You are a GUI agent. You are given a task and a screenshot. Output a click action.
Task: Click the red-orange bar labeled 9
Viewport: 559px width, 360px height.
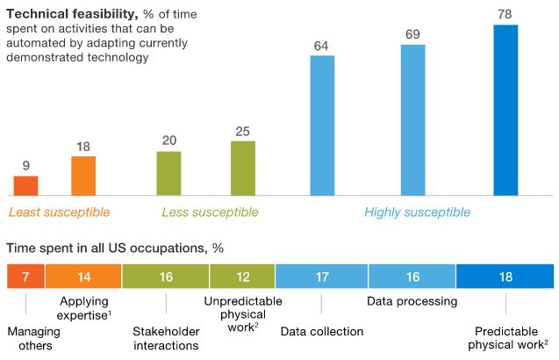(25, 185)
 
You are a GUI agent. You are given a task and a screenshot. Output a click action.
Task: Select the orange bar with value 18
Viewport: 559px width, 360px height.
(83, 176)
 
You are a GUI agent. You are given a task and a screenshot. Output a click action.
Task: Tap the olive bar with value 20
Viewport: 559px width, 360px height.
(168, 174)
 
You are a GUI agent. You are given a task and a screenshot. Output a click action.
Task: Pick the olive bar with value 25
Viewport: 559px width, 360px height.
(243, 169)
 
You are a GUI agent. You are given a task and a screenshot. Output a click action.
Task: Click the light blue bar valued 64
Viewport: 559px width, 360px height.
(322, 126)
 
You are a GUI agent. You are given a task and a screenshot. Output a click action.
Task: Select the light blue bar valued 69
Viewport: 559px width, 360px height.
(412, 120)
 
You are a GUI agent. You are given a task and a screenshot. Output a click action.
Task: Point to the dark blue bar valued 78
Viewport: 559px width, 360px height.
(505, 111)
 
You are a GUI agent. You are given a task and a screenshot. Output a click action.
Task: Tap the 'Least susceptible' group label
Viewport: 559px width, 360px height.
(60, 212)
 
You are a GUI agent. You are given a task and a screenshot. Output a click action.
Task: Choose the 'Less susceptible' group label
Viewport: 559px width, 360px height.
(210, 212)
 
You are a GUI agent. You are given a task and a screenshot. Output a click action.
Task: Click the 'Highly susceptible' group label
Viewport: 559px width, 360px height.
(417, 212)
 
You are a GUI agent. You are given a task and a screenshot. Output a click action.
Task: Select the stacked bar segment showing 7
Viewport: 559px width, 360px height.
(25, 277)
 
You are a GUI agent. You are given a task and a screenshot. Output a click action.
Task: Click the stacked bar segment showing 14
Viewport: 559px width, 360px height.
(83, 277)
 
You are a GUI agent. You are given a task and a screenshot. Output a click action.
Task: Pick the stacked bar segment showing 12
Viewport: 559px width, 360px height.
(242, 277)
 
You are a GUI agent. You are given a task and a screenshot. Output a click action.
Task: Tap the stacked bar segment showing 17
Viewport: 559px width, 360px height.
(321, 277)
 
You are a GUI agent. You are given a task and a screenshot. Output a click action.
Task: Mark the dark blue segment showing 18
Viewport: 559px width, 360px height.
(505, 277)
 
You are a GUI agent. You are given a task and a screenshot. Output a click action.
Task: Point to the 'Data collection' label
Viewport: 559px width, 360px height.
(321, 331)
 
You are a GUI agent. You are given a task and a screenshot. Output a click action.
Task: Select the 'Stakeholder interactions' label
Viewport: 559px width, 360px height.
(166, 338)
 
